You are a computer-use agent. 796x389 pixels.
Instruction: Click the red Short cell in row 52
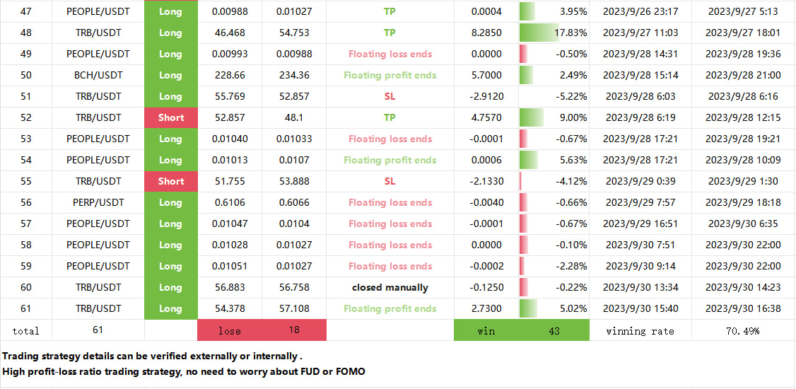170,117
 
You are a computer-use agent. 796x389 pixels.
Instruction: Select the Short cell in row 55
170,181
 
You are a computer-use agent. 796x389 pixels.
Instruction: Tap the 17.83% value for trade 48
570,33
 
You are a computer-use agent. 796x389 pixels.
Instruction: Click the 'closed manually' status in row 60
390,287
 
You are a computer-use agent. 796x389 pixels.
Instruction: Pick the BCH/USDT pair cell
98,75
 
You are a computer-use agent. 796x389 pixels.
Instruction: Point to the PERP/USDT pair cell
98,202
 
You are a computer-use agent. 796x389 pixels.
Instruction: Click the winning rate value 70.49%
743,330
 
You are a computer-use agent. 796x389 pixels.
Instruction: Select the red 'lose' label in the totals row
229,330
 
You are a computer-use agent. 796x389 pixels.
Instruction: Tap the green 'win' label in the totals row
486,330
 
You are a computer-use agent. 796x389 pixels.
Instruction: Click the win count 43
555,330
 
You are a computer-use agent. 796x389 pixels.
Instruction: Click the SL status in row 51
390,96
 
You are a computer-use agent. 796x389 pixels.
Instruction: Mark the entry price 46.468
229,33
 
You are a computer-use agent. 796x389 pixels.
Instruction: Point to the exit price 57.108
293,308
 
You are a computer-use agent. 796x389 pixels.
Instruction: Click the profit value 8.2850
486,33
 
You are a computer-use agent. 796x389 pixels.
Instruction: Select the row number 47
26,11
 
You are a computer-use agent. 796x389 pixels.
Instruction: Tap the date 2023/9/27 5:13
743,11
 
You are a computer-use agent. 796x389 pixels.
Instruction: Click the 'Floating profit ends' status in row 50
390,75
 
